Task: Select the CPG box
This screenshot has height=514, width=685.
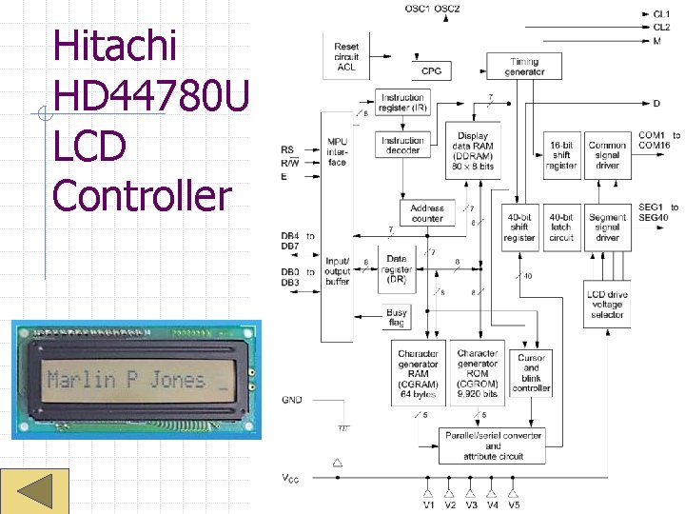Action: tap(431, 71)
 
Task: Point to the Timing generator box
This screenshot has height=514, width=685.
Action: tap(524, 67)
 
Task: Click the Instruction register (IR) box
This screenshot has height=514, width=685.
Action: tap(403, 103)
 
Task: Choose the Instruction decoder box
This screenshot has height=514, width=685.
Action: tap(403, 146)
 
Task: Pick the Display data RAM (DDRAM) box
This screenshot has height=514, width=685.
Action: tap(473, 153)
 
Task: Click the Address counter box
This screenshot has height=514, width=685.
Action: tap(427, 213)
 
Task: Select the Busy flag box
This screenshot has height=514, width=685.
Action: tap(397, 318)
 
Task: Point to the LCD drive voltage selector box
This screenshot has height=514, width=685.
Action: tap(607, 303)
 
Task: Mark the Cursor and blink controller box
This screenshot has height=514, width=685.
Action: tap(531, 374)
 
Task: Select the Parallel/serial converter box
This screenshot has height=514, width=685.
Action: tap(493, 445)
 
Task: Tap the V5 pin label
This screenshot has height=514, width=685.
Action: tap(514, 504)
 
